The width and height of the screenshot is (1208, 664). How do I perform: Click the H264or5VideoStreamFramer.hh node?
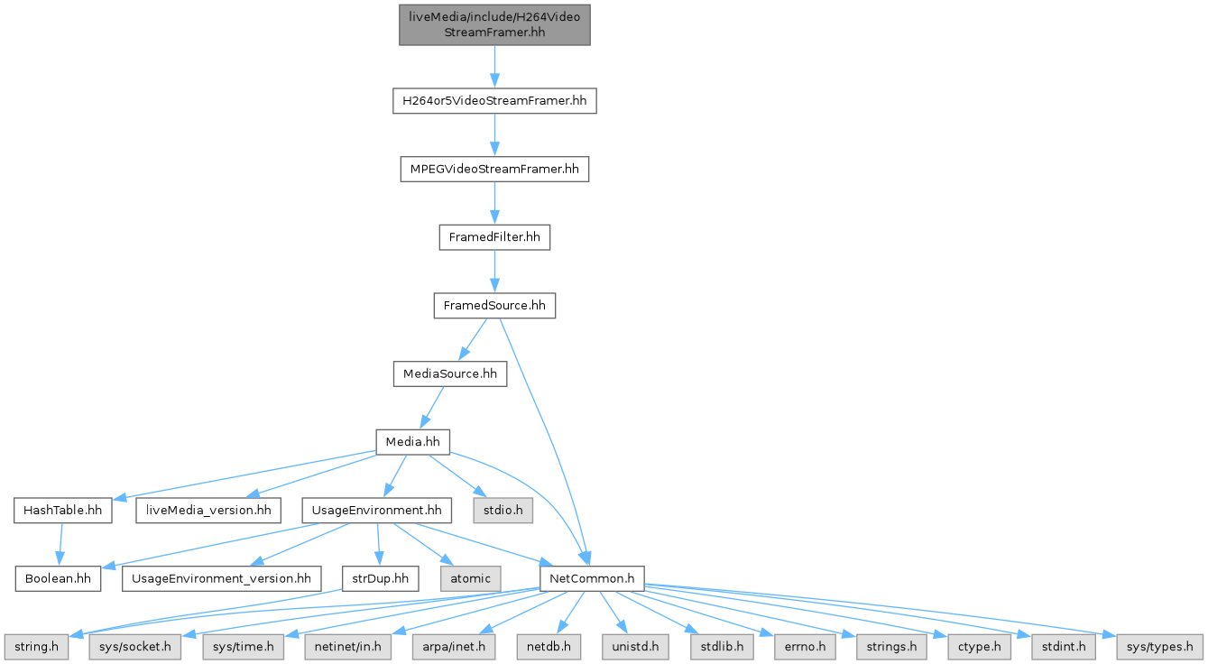(x=494, y=100)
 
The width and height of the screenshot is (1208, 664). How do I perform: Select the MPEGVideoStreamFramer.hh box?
(x=494, y=169)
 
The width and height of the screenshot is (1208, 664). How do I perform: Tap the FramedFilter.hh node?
(x=494, y=237)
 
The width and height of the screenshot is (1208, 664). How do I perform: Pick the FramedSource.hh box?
(x=494, y=306)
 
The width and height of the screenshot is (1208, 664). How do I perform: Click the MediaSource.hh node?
(x=450, y=373)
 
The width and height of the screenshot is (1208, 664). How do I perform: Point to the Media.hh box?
(x=412, y=441)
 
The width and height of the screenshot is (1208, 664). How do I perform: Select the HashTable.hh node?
(x=62, y=511)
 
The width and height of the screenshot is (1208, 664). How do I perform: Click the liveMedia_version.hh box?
(x=207, y=511)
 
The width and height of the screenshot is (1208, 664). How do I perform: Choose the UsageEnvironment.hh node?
(x=377, y=511)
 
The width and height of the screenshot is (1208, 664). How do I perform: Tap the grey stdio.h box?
(x=503, y=511)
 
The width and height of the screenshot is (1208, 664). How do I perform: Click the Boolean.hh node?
(x=57, y=577)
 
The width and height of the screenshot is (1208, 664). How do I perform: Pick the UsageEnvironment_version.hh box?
(x=221, y=577)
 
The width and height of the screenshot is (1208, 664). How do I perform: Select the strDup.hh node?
(x=380, y=577)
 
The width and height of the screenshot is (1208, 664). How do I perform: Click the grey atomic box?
(x=470, y=577)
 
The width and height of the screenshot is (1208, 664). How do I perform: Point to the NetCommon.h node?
(x=591, y=577)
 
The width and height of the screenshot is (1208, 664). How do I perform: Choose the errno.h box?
(x=799, y=646)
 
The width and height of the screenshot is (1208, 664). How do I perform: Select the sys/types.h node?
(x=1160, y=646)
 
